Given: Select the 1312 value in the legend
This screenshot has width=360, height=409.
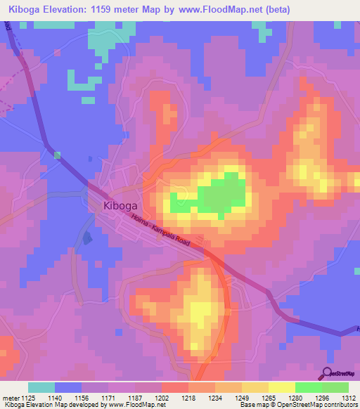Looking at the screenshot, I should (349, 397).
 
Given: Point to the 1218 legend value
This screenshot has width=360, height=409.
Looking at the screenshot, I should (188, 397).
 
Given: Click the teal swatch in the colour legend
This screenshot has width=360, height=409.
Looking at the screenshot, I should (41, 387).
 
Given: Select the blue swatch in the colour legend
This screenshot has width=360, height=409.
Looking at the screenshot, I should (68, 387).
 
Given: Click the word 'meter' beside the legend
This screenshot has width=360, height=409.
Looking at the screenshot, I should (10, 397).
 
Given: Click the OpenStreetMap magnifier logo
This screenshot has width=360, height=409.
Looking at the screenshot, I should (327, 374).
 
